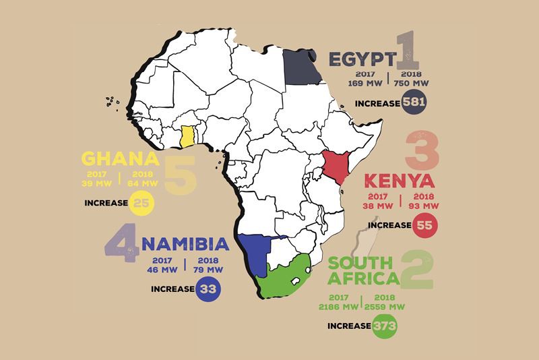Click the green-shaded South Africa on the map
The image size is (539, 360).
286,276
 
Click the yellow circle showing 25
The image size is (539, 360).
143,202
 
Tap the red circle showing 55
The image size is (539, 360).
424,224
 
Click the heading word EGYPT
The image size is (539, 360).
360,59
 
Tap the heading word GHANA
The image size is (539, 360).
120,160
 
